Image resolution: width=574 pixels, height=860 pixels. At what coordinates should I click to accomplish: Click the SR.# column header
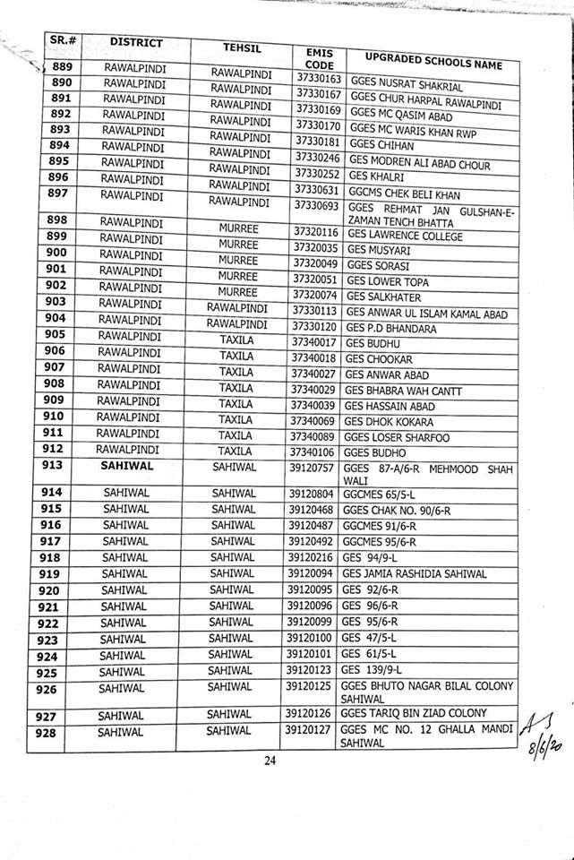pos(62,41)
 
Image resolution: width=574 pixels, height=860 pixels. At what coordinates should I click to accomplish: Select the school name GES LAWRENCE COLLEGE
pos(403,237)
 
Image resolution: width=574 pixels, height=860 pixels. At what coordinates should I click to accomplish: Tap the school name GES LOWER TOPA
pos(387,283)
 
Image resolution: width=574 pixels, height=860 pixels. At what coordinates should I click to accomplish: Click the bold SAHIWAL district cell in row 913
pos(129,466)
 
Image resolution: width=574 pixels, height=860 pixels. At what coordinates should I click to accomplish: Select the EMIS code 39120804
pos(310,494)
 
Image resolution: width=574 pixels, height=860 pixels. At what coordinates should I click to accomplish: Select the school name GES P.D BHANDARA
pos(390,329)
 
